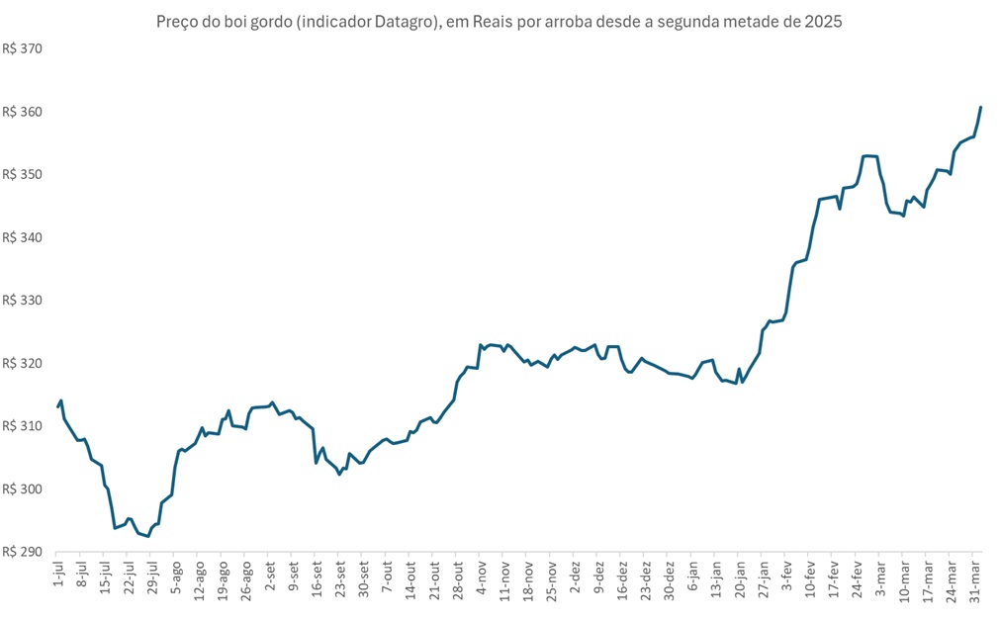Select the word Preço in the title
[178, 21]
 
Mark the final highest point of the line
[980, 107]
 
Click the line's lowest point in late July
[148, 536]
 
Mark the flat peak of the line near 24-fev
[869, 155]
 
